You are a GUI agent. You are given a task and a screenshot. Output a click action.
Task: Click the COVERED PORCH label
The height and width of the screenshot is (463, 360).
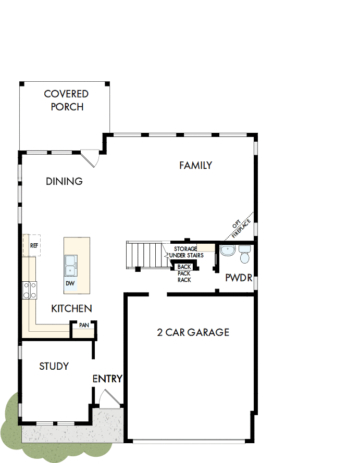(x=66, y=101)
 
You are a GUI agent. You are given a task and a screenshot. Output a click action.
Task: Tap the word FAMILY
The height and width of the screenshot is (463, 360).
(x=195, y=166)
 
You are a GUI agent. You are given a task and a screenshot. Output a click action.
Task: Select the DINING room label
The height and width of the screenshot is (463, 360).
(x=64, y=181)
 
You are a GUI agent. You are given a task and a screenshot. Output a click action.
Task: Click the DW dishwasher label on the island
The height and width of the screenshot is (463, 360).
(x=70, y=283)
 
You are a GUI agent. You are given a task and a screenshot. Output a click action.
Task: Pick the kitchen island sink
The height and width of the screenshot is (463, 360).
(x=71, y=265)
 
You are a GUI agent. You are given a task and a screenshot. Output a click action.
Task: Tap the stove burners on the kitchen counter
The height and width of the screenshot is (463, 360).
(x=30, y=289)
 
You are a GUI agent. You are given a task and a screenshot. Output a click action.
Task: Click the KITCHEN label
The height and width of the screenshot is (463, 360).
(x=71, y=309)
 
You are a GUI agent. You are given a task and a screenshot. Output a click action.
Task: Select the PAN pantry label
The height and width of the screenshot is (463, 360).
(x=84, y=325)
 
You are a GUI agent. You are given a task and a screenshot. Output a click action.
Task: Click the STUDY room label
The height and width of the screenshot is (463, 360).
(x=54, y=367)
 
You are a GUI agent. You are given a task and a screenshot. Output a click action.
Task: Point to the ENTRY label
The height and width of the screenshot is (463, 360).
(x=107, y=379)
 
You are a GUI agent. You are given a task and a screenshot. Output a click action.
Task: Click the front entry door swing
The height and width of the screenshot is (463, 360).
(x=108, y=398)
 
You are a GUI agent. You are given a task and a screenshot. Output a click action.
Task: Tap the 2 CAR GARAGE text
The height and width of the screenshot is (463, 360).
(x=193, y=332)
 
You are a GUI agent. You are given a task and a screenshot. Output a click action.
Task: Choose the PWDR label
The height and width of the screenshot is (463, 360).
(x=239, y=278)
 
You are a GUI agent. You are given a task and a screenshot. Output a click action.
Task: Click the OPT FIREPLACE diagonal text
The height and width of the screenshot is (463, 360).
(x=242, y=224)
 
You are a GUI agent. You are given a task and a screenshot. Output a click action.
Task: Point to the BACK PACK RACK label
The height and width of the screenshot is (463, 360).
(x=184, y=273)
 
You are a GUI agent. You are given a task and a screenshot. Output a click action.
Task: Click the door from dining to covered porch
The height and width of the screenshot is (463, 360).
(x=91, y=158)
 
